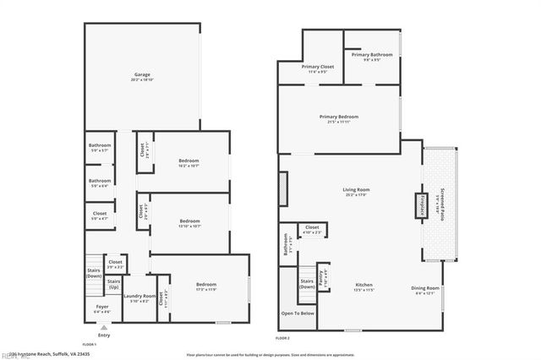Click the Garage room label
click(x=141, y=76)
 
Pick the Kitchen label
click(x=363, y=285)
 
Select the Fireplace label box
click(x=418, y=205)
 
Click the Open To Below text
click(x=298, y=314)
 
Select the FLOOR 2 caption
click(x=282, y=338)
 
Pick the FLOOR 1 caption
click(x=90, y=345)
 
